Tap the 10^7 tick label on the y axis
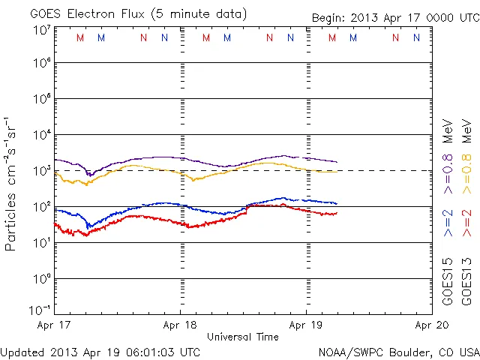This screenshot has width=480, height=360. coord(41,30)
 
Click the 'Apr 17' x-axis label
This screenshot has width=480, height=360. coord(54,325)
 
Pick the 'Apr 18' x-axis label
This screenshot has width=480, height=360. coord(180,325)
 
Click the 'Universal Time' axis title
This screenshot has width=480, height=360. coord(242,337)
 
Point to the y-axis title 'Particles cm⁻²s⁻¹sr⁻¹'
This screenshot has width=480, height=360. coord(12,184)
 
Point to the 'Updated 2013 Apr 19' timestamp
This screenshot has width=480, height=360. coord(100,351)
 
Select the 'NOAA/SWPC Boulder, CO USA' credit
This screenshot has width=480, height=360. coord(398,351)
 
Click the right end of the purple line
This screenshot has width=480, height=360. coord(337,162)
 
